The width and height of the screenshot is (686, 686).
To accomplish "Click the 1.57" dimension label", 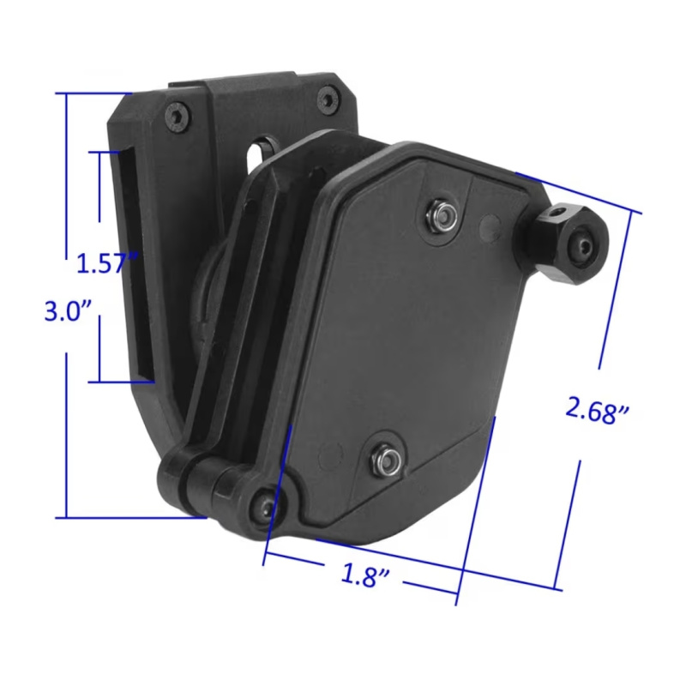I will (x=107, y=262).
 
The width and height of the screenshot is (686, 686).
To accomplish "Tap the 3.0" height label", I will (x=68, y=310).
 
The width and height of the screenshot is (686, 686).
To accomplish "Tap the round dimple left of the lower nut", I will (x=327, y=450).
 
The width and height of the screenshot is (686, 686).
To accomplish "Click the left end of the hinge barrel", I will (x=168, y=480).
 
